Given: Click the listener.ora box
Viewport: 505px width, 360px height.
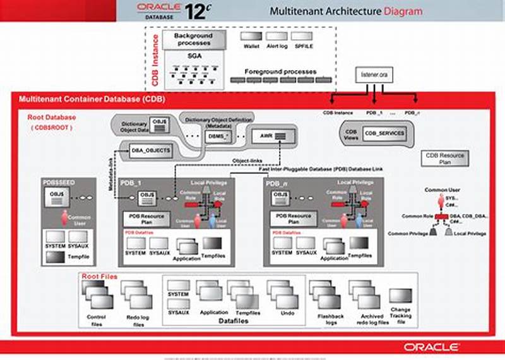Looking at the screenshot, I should pos(374,75).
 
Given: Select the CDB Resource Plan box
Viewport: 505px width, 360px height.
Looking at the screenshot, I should pos(444,158).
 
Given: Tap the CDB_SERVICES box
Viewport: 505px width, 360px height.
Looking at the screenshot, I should pos(384,133).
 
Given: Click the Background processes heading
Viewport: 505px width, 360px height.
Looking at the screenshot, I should pos(194,40).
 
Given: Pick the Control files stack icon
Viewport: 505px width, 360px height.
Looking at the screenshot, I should pos(97,297).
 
